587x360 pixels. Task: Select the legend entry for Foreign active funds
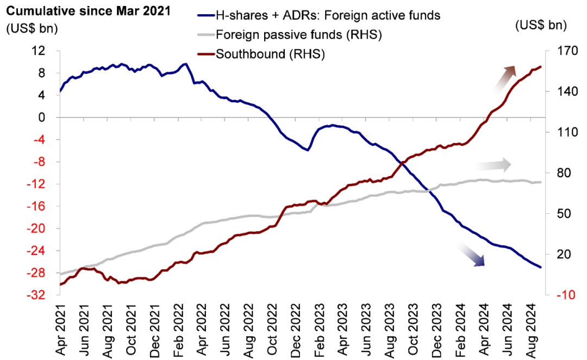tap(326, 15)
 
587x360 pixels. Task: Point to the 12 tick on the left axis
tap(45, 51)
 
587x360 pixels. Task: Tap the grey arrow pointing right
tap(493, 164)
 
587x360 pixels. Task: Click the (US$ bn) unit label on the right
tap(540, 25)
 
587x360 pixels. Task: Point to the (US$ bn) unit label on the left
tap(32, 28)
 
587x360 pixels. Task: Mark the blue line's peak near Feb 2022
tap(185, 64)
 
